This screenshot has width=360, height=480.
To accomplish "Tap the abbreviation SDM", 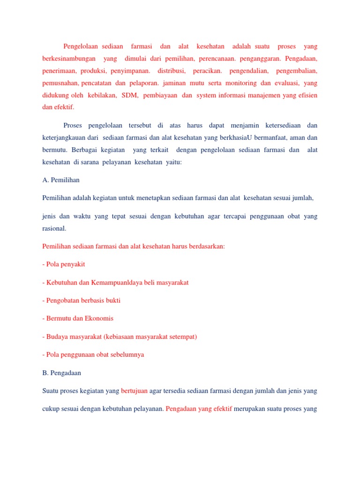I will (129, 95).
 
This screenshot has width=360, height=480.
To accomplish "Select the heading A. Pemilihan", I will (64, 180).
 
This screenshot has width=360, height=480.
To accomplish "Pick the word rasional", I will (54, 229).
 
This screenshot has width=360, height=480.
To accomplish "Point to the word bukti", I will (118, 300).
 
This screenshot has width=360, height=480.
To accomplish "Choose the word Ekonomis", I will (98, 318).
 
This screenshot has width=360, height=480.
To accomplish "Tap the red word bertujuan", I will (134, 390).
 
